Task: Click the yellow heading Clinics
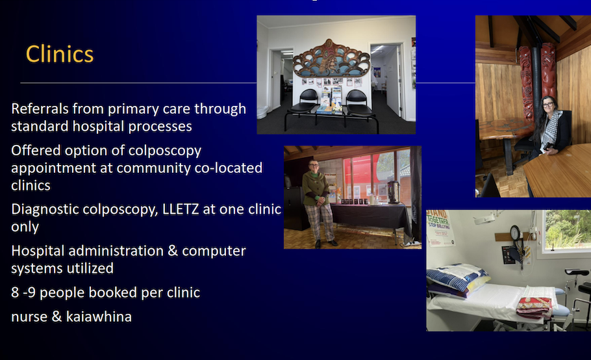[60, 54]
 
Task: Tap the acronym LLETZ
[180, 209]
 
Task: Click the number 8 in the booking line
[15, 292]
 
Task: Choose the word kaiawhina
[99, 316]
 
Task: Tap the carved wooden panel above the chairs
[332, 58]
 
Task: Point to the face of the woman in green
[314, 166]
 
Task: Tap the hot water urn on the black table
[393, 192]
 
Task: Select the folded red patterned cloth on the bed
[534, 306]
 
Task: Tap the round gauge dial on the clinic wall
[515, 233]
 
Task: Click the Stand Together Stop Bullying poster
[440, 227]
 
